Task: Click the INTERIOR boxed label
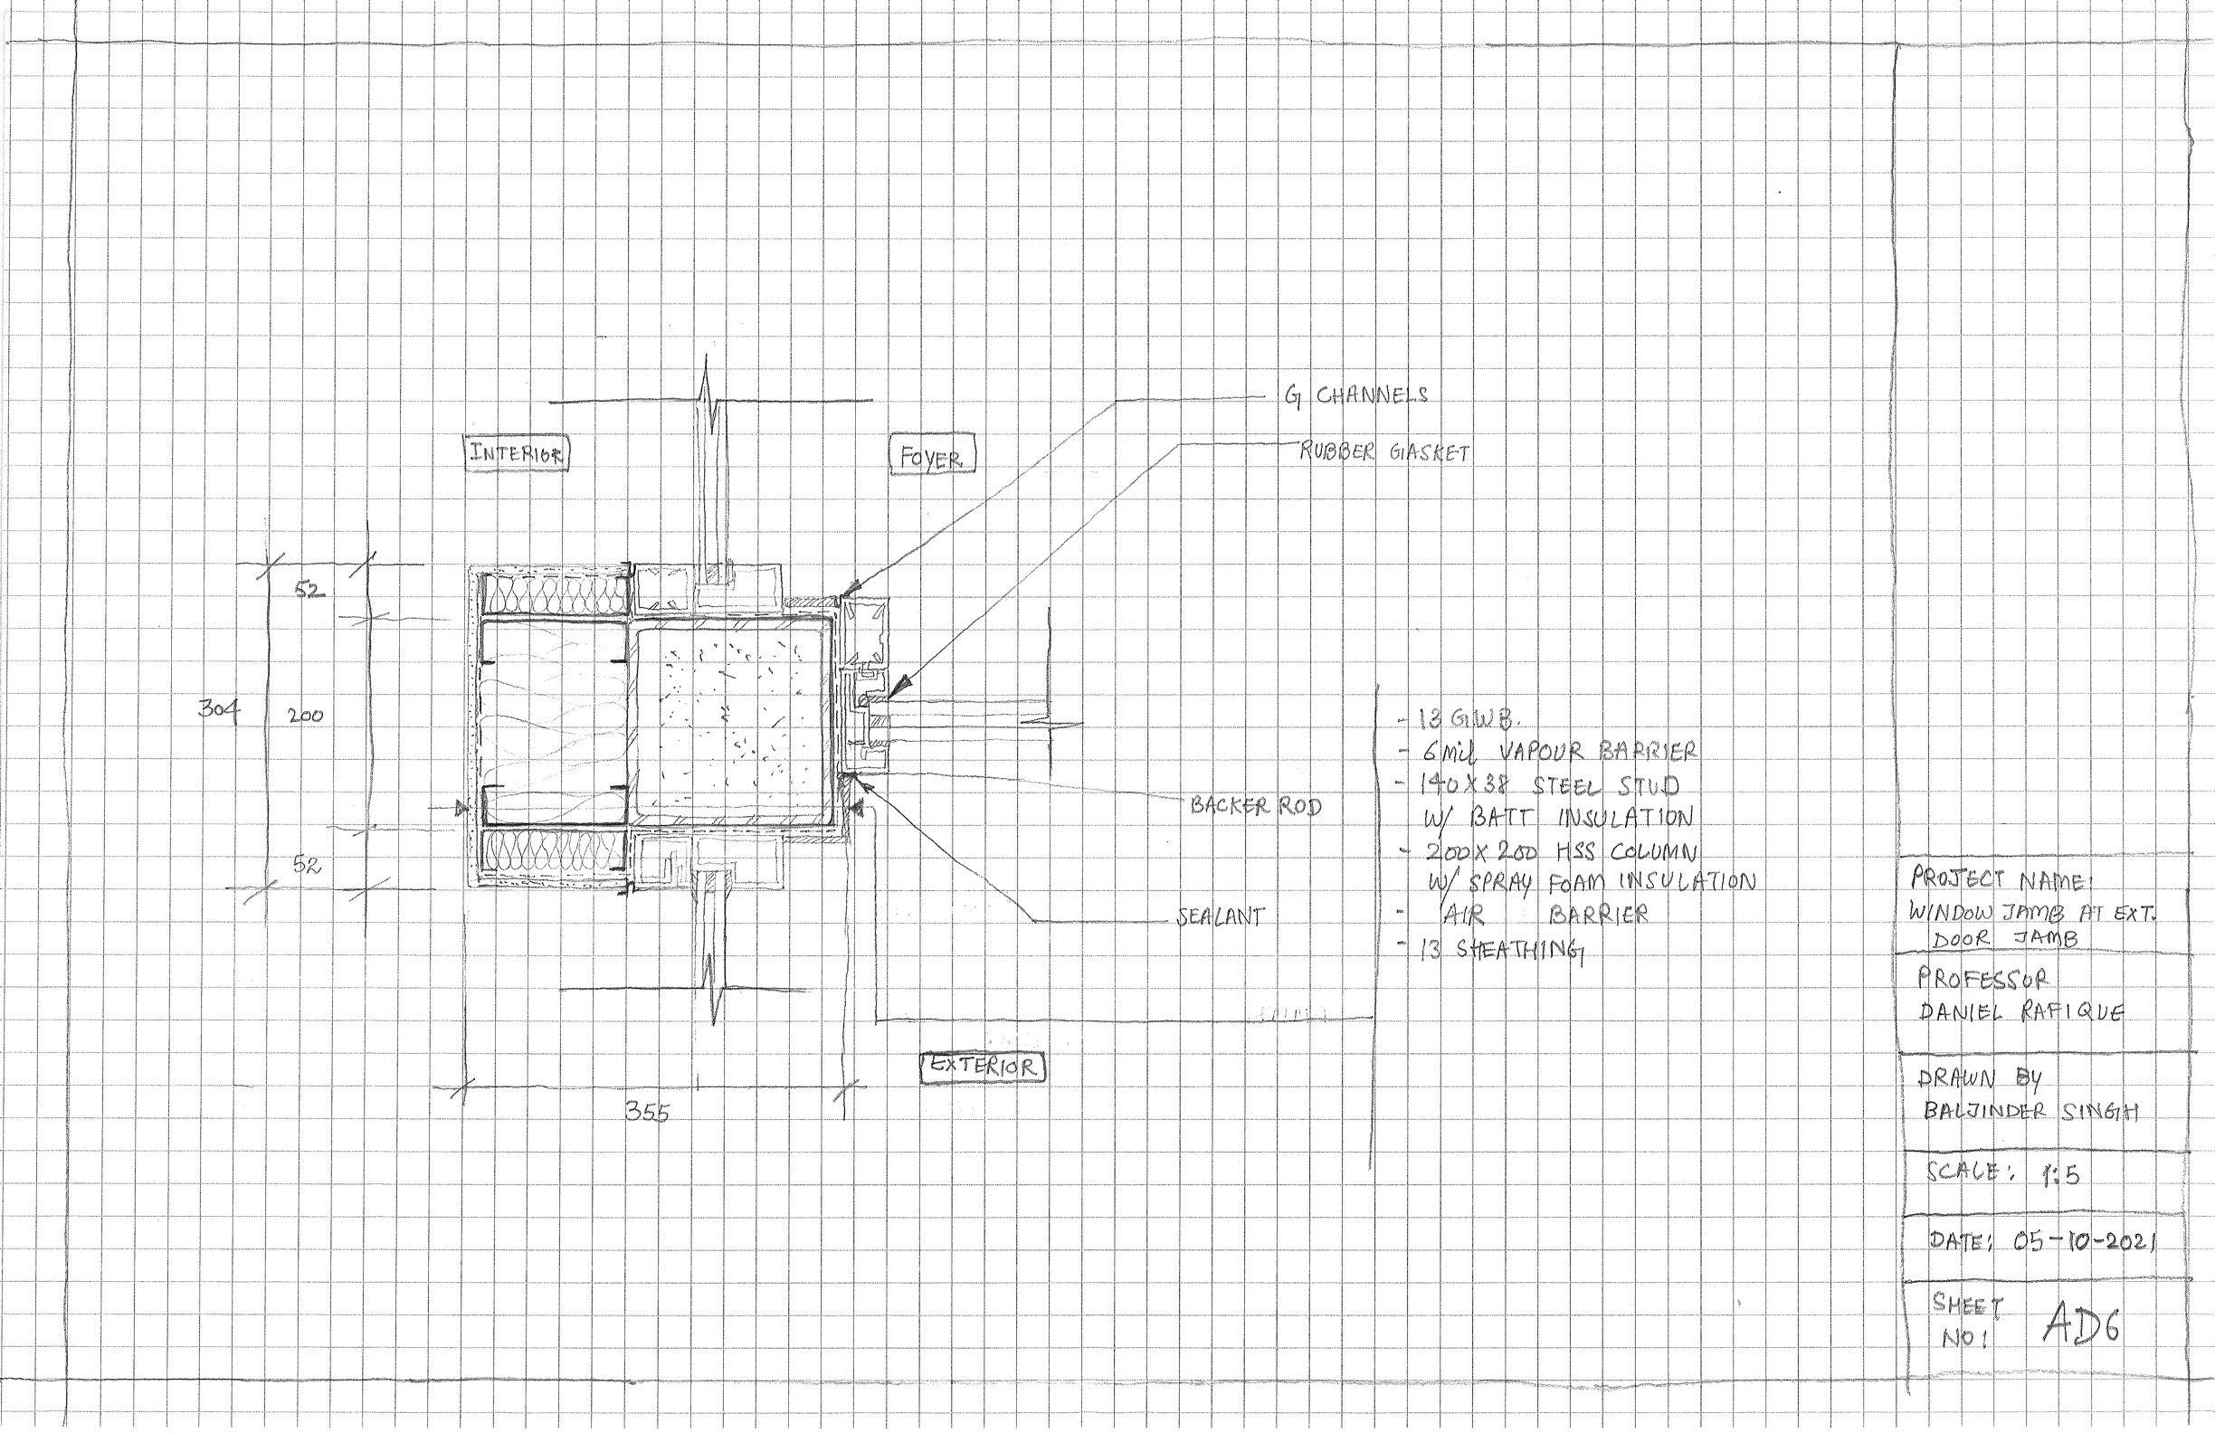tap(518, 454)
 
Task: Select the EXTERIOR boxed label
tap(984, 1067)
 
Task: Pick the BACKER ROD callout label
tap(1256, 806)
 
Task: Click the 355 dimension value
tap(646, 1113)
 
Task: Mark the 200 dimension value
tap(304, 717)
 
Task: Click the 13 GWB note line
tap(1461, 719)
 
